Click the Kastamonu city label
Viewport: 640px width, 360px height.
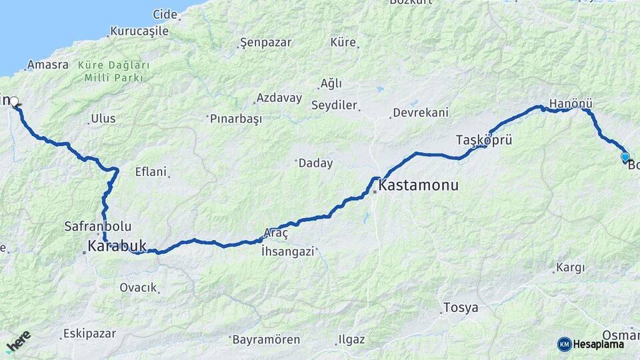(419, 185)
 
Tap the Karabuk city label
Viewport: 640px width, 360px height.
(117, 247)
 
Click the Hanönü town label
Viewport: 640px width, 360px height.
(571, 104)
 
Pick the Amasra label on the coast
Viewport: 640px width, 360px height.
(47, 65)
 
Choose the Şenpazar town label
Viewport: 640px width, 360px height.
(265, 43)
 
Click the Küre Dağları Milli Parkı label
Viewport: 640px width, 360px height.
(113, 71)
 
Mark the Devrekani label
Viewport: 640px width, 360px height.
(420, 113)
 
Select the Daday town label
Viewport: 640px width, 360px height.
(315, 163)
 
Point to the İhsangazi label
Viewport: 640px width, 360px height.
(287, 251)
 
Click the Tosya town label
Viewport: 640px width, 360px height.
(461, 308)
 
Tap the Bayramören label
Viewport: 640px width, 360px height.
(266, 339)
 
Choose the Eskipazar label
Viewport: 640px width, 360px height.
(89, 333)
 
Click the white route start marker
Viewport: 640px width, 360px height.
(14, 102)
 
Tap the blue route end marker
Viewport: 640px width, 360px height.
(625, 157)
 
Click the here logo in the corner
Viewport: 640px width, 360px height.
(19, 343)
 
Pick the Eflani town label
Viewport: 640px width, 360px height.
(150, 171)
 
